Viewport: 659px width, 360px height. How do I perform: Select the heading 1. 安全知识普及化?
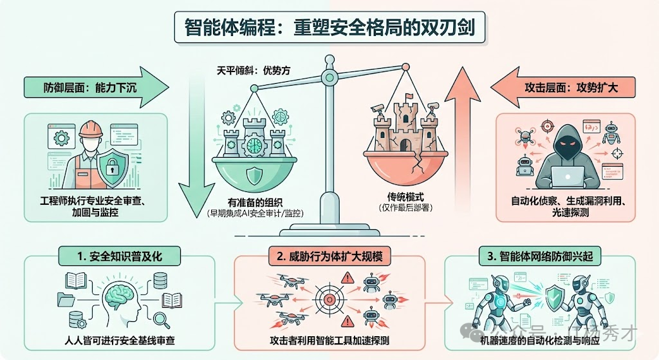click(120, 257)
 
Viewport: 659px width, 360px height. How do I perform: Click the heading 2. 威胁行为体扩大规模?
click(330, 257)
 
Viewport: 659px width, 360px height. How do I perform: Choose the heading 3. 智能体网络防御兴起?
click(546, 257)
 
